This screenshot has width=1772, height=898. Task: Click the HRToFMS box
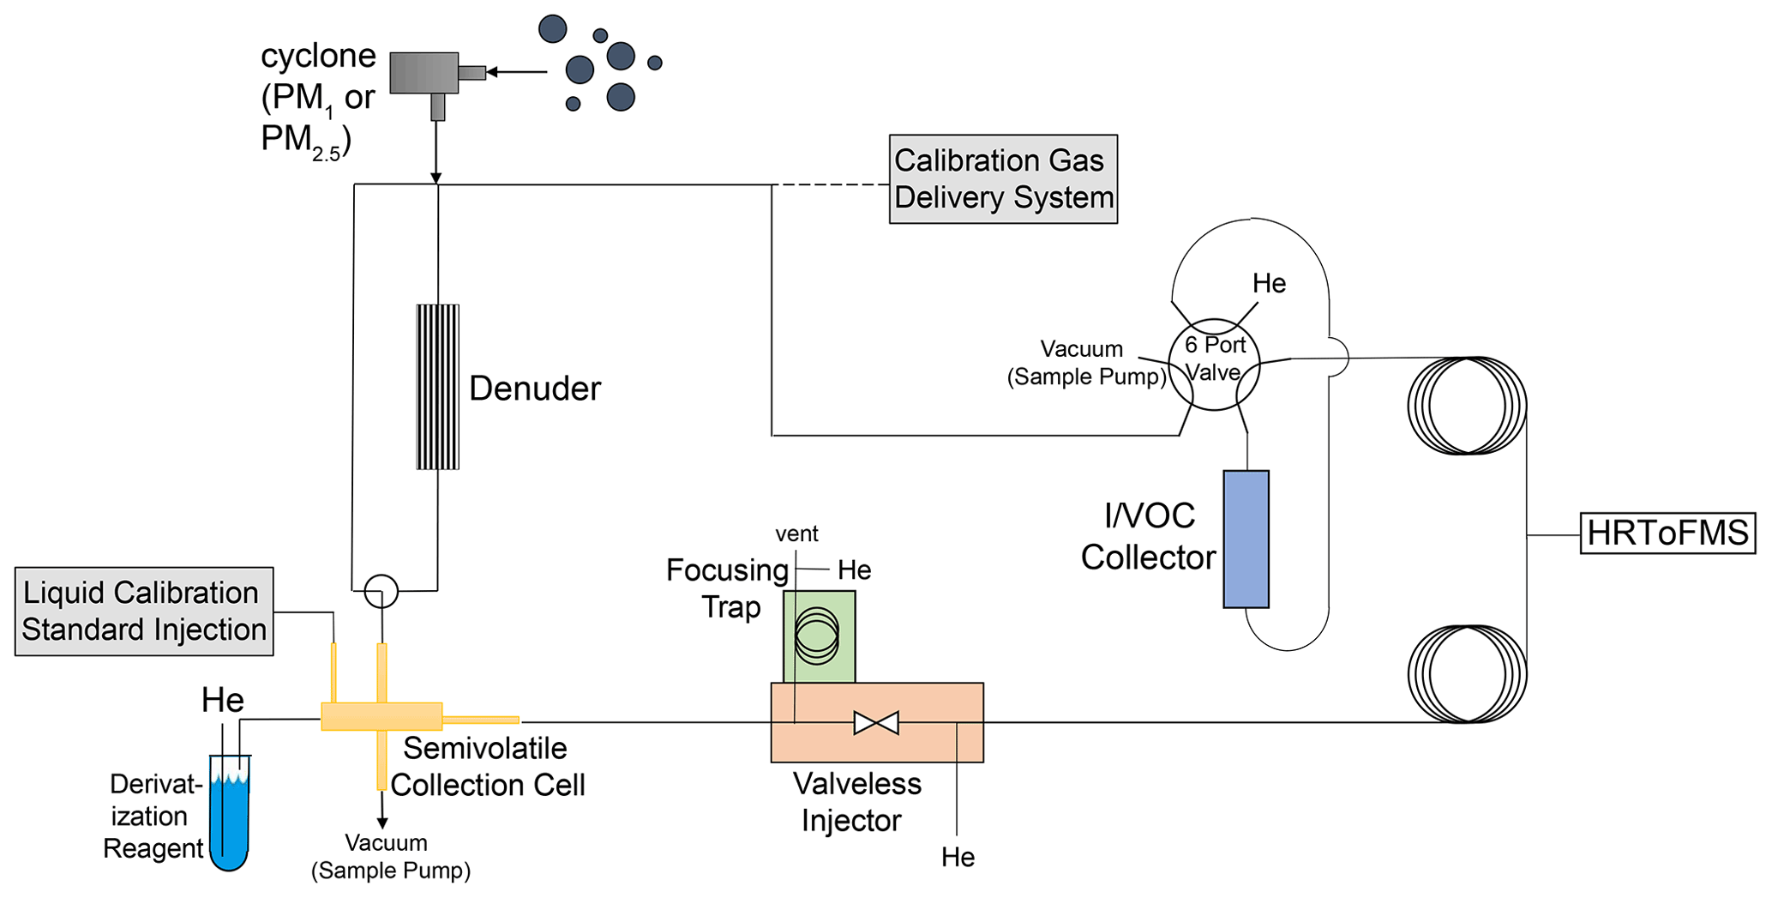tap(1667, 533)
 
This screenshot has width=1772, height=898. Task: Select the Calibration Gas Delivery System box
tap(1003, 179)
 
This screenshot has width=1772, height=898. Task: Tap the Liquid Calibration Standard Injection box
tap(144, 612)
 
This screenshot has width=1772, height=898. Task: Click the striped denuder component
tap(437, 387)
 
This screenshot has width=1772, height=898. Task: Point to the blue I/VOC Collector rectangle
tap(1246, 539)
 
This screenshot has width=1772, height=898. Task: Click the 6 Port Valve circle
tap(1214, 365)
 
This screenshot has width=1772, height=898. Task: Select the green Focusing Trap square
tap(819, 636)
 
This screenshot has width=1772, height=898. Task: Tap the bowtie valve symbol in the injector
tap(876, 723)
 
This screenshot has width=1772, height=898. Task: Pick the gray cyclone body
tap(423, 73)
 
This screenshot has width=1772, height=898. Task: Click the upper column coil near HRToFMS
tap(1467, 406)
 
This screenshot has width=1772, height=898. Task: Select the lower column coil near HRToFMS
tap(1467, 674)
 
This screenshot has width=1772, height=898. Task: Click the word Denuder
tap(535, 389)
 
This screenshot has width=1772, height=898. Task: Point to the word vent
tap(796, 533)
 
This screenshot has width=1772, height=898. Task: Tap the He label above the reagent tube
tap(223, 700)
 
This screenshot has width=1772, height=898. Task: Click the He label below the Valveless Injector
tap(958, 857)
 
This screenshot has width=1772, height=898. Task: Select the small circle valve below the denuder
tap(381, 591)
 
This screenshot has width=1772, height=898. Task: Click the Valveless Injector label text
tap(856, 802)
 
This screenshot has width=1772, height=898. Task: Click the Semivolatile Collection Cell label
tap(487, 767)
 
